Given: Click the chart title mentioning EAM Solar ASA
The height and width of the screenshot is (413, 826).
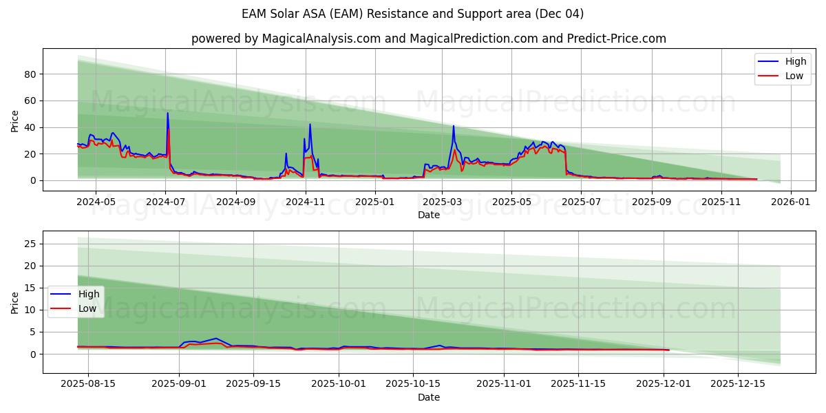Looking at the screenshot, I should [x=413, y=14].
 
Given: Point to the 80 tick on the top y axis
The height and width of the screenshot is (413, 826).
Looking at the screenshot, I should [x=30, y=74].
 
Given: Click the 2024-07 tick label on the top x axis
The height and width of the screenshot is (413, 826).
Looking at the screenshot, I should [x=166, y=202].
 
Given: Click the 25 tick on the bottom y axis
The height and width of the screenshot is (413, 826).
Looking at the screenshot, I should [x=30, y=244].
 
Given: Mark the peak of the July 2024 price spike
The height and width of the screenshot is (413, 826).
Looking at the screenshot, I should [x=167, y=114].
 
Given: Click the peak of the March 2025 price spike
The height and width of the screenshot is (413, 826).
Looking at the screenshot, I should [x=454, y=126].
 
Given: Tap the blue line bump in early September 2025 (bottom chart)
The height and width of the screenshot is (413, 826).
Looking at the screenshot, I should [x=216, y=339].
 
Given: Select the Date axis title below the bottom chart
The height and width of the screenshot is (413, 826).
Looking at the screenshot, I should [x=429, y=397].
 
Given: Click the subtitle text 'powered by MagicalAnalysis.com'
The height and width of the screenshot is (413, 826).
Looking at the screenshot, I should [x=286, y=39].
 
